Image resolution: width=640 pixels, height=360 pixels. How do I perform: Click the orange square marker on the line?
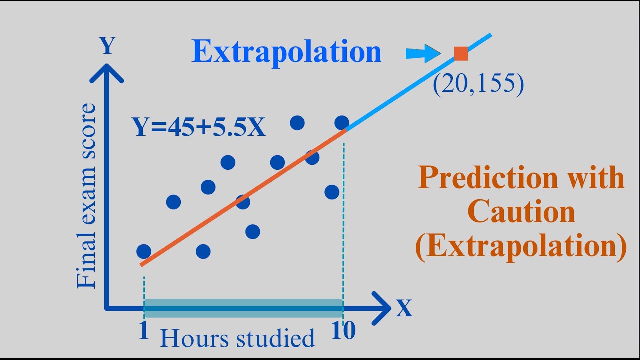460,53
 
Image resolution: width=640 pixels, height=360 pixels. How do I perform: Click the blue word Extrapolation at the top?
286,52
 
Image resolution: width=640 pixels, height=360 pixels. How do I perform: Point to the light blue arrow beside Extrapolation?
423,53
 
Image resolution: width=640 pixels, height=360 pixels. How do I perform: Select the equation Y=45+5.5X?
199,127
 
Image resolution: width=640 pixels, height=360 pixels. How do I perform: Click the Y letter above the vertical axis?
107,46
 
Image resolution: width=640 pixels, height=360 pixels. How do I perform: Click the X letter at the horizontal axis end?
404,309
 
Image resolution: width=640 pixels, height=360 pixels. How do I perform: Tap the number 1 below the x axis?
144,331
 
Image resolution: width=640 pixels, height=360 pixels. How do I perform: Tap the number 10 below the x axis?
343,331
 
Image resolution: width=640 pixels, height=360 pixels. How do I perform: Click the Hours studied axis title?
237,339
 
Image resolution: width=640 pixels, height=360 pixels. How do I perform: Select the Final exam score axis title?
86,196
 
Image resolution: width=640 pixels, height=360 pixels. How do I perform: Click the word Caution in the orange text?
521,212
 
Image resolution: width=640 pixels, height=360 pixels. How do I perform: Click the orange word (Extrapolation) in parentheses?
521,247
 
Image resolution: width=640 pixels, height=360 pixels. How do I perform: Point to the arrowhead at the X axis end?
381,308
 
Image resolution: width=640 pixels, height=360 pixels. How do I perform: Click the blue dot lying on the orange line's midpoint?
243,202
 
